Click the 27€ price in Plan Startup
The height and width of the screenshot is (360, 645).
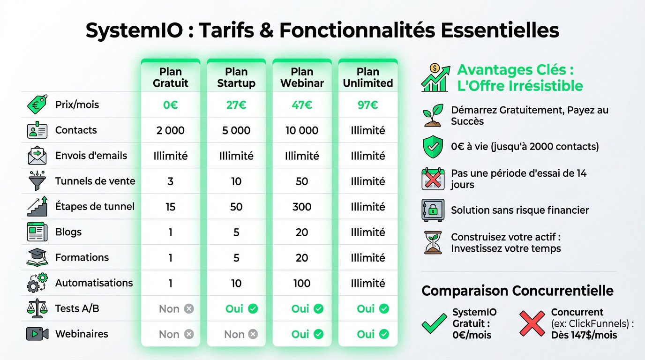point(236,105)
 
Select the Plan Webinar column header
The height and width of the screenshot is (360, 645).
point(302,77)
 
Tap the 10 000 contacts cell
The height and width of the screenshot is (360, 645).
point(302,130)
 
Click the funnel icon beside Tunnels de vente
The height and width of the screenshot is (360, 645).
point(37,181)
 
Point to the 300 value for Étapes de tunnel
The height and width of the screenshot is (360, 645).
point(302,207)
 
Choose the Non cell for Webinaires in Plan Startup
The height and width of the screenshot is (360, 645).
point(240,334)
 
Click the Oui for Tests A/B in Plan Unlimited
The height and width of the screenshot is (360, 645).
point(372,309)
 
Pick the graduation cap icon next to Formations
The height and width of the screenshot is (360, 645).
point(37,258)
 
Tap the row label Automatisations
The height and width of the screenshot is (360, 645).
point(94,283)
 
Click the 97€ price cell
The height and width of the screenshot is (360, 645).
point(368,105)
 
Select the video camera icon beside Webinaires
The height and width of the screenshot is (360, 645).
point(37,334)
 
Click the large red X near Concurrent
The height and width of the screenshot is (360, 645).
point(533,323)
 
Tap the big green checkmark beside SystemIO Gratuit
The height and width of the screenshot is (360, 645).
point(434,323)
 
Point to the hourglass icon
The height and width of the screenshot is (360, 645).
point(433,242)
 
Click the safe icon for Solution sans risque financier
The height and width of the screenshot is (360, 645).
point(433,210)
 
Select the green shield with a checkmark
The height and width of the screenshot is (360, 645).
point(433,147)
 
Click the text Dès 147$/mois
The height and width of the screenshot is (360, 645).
point(584,335)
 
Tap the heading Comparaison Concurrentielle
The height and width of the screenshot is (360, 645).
point(517,291)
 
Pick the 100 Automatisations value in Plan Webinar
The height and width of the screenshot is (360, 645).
point(302,283)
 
